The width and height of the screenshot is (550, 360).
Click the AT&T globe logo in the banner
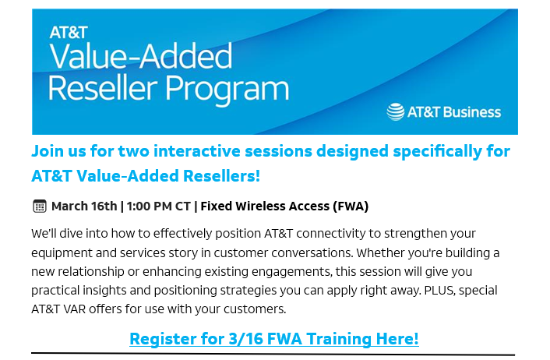[395, 112]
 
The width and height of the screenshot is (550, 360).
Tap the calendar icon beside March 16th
[39, 206]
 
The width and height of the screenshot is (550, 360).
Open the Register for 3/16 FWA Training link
[274, 339]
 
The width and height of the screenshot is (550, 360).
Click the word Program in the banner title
[227, 89]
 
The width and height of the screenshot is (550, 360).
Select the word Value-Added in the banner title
[141, 56]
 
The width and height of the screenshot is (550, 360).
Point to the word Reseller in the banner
[102, 88]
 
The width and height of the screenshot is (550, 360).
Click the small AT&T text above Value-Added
[69, 33]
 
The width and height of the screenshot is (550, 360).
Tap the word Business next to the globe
[472, 112]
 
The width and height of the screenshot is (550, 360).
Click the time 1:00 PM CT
[159, 206]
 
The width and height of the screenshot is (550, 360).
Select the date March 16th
[84, 206]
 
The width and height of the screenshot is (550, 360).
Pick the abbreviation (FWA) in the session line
[351, 206]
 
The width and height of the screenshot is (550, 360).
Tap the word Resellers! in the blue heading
[222, 176]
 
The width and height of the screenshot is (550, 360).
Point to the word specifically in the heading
[437, 152]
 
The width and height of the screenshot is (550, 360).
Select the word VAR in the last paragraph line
[75, 309]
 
